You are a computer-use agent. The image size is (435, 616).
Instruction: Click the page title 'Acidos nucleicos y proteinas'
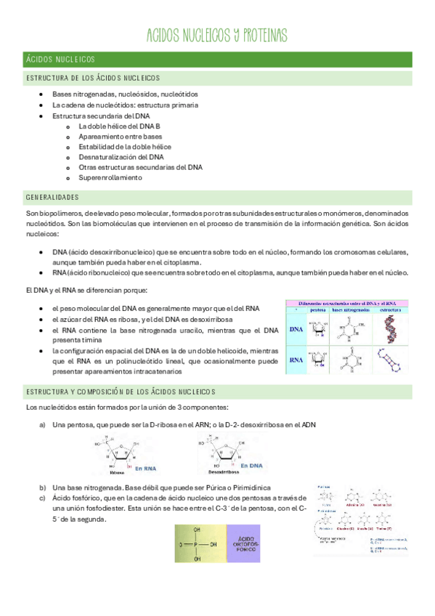(217, 36)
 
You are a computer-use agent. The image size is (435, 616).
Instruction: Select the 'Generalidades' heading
(52, 198)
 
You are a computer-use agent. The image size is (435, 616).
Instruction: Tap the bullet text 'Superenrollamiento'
(110, 177)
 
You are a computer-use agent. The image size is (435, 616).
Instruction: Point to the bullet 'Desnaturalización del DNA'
(121, 156)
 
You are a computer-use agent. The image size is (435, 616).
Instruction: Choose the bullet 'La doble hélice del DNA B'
(119, 126)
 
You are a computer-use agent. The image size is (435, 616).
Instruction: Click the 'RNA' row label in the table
(296, 359)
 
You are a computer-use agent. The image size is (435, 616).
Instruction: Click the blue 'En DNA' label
(252, 466)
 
